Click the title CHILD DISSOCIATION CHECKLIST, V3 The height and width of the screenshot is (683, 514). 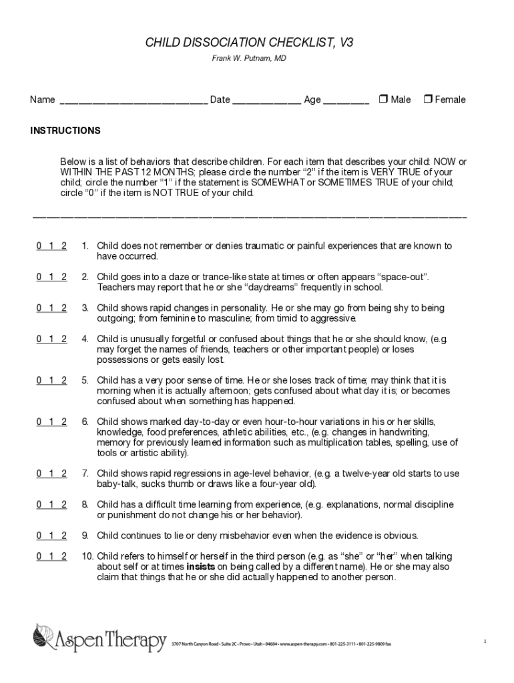(x=250, y=43)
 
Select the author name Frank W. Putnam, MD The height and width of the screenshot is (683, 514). (x=250, y=59)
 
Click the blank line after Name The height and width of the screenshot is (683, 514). (x=134, y=100)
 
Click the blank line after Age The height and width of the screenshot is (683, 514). (x=346, y=100)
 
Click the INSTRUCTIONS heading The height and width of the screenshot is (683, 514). (x=65, y=131)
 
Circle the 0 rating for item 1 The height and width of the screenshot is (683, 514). (x=39, y=246)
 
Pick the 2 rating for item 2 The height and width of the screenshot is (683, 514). (x=63, y=277)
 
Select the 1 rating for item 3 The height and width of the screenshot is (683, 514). (x=51, y=308)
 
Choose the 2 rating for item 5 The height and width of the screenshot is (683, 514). (x=63, y=380)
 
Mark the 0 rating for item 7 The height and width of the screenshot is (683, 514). (x=39, y=474)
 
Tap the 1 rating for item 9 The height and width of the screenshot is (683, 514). (x=51, y=536)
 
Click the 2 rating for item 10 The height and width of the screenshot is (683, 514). (x=63, y=556)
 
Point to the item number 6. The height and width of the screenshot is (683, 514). (x=85, y=422)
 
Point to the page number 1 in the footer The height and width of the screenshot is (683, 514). (x=485, y=641)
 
